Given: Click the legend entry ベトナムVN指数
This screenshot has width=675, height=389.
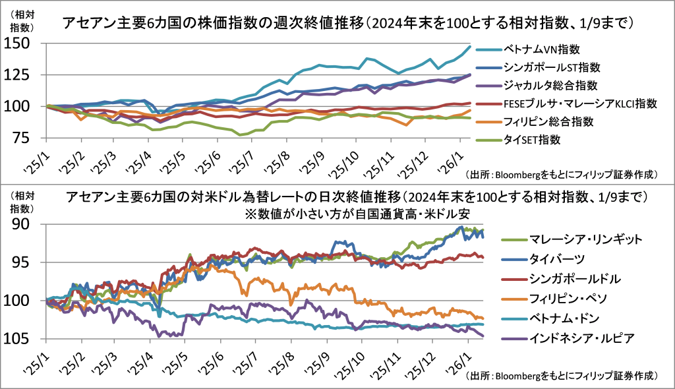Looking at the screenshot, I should [x=541, y=49].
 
